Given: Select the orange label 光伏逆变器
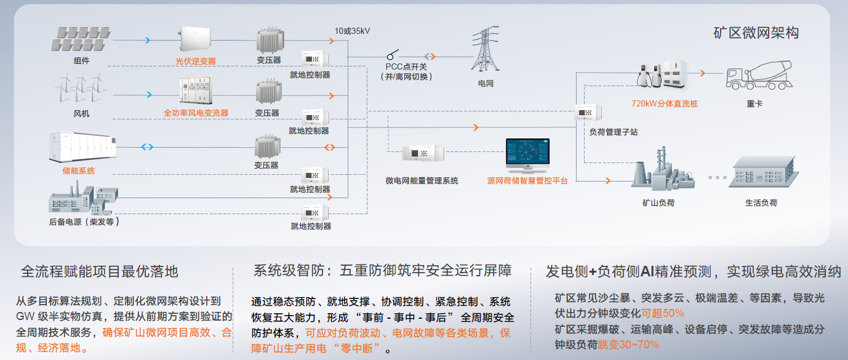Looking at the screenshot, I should point(195,62).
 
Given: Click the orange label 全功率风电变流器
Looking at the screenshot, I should point(196,113).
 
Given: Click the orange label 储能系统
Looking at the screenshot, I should point(79,170).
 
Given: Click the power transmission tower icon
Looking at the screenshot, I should point(486,48).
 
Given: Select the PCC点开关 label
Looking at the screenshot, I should point(406,66).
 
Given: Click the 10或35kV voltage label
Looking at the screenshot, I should point(353,30).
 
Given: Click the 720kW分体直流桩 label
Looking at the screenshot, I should point(665,103).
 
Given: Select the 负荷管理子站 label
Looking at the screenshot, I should point(614,132).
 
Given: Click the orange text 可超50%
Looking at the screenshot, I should point(663,313).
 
